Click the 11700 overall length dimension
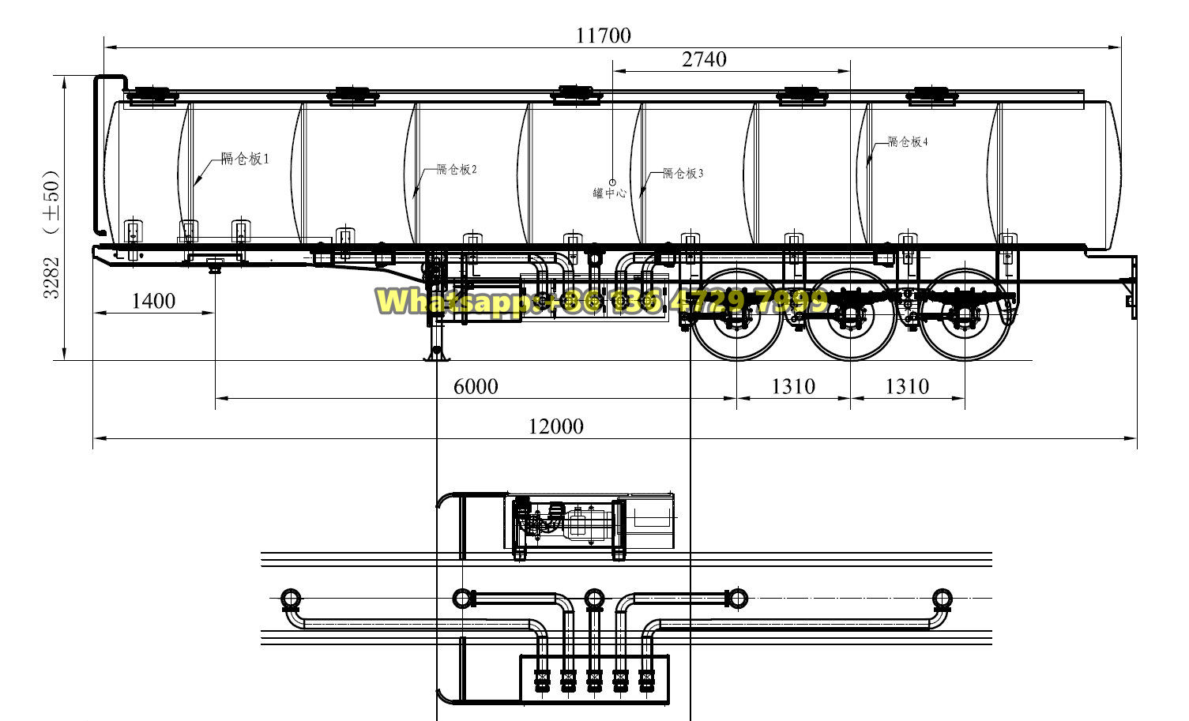pos(604,36)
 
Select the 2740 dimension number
pos(703,59)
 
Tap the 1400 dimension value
pos(153,301)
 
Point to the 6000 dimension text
pos(476,386)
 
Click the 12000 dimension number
pos(556,427)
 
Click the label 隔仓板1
pos(245,159)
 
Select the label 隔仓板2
pos(457,169)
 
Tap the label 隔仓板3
pos(683,173)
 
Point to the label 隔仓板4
pos(908,142)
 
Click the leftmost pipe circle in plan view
pos(289,598)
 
